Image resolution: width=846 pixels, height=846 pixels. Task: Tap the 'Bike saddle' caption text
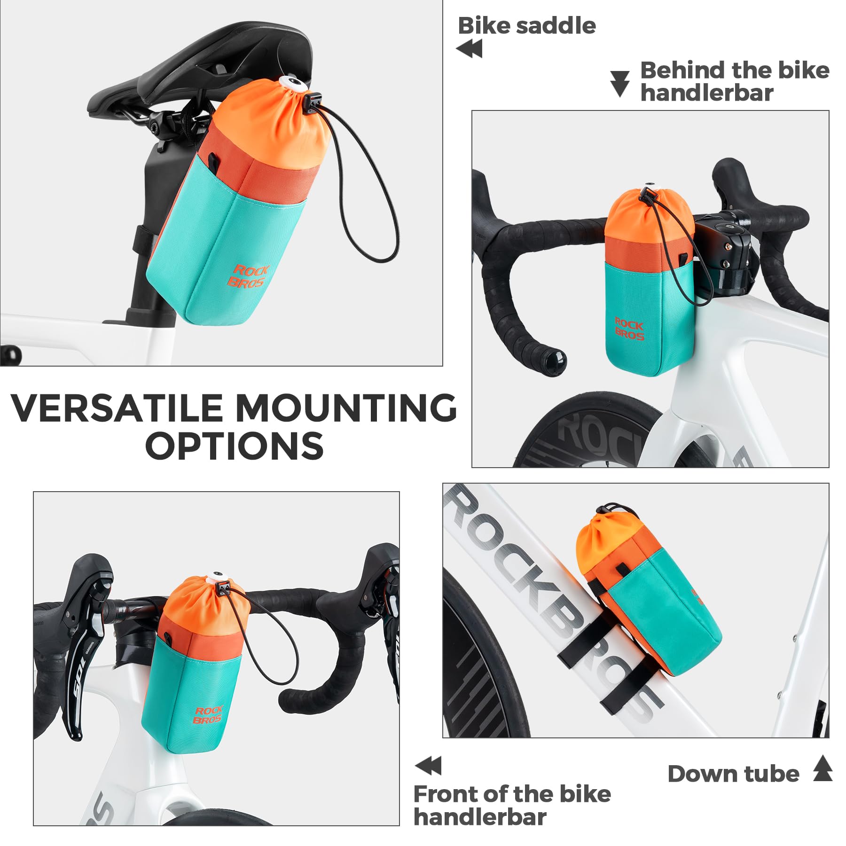pyautogui.click(x=526, y=26)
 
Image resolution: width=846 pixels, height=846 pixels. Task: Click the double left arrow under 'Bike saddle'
pyautogui.click(x=469, y=49)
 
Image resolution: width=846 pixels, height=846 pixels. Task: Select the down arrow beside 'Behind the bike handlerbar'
pyautogui.click(x=619, y=84)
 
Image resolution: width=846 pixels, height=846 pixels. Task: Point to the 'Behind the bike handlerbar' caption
pyautogui.click(x=734, y=81)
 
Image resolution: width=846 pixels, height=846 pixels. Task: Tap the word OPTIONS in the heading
pyautogui.click(x=234, y=446)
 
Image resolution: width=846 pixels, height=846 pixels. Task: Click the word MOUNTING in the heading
pyautogui.click(x=345, y=408)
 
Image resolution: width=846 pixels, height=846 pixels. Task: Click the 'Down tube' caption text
pyautogui.click(x=733, y=774)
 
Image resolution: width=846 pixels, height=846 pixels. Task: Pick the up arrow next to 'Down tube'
pyautogui.click(x=822, y=768)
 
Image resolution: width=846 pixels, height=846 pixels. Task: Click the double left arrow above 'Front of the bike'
pyautogui.click(x=429, y=766)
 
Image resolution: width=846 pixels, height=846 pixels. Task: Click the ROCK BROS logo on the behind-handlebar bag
pyautogui.click(x=629, y=329)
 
